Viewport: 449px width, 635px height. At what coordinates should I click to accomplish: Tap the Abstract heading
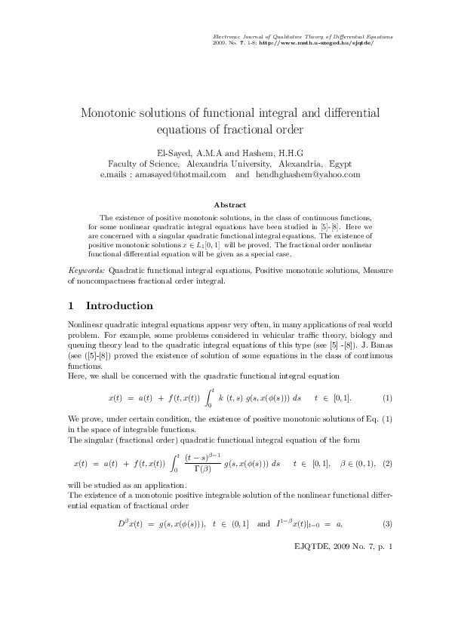(x=229, y=204)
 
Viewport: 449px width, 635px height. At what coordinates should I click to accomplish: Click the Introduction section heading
(x=120, y=306)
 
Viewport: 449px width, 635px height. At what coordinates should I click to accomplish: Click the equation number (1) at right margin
(x=387, y=397)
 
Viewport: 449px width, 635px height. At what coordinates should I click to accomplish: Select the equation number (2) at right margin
(x=387, y=462)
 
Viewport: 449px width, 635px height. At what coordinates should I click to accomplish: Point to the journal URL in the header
(x=327, y=43)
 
